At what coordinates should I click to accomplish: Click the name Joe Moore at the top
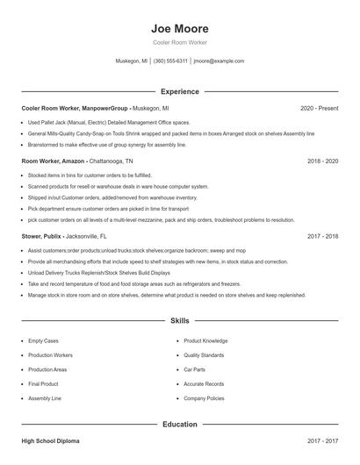[x=179, y=28]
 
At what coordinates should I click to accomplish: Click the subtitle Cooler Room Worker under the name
[x=179, y=42]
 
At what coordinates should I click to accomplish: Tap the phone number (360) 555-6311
[x=170, y=61]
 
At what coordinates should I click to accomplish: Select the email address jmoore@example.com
[x=219, y=61]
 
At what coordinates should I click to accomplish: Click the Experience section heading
[x=179, y=91]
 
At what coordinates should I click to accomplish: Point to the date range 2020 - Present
[x=319, y=108]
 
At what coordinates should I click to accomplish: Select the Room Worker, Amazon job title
[x=54, y=161]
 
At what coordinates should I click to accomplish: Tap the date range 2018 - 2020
[x=322, y=161]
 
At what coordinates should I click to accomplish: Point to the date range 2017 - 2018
[x=322, y=236]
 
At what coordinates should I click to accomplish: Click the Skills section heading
[x=179, y=321]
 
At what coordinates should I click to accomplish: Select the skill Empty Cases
[x=43, y=340]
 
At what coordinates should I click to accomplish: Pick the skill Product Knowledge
[x=205, y=340]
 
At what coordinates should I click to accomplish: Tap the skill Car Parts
[x=195, y=369]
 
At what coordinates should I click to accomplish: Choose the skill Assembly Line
[x=44, y=398]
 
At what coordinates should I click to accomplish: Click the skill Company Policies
[x=204, y=398]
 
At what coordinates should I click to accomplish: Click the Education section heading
[x=179, y=425]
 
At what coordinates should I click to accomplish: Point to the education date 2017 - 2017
[x=322, y=441]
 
